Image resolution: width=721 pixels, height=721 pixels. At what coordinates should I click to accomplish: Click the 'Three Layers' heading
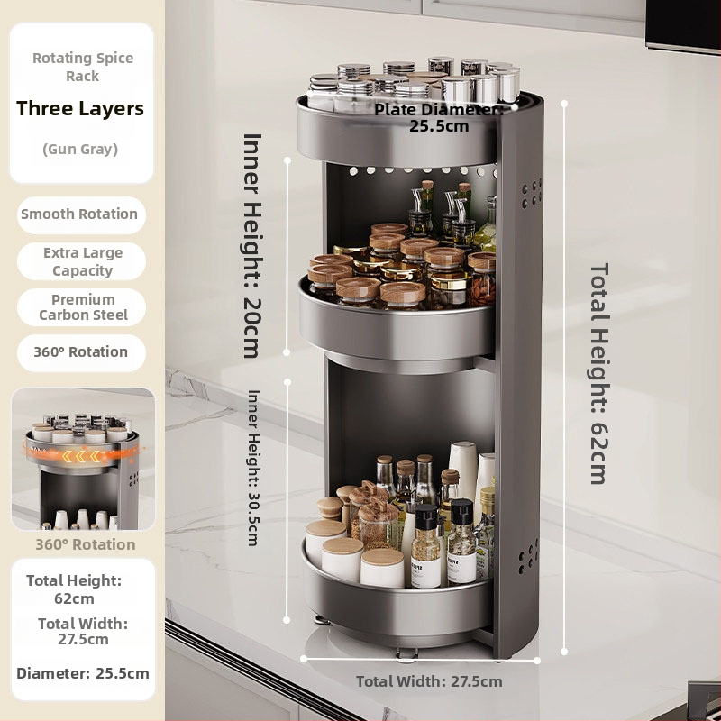[80, 108]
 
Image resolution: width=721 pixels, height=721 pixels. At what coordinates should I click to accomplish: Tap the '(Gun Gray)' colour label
[80, 149]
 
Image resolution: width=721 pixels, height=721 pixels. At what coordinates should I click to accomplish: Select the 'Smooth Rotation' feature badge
[81, 214]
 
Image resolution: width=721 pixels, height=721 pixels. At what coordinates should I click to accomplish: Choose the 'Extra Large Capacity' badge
[81, 261]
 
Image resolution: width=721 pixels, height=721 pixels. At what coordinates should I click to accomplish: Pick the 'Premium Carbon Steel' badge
[81, 307]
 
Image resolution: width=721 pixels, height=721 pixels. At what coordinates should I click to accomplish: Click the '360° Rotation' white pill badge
[81, 352]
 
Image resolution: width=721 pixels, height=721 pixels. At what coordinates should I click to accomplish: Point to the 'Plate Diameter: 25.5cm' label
[439, 118]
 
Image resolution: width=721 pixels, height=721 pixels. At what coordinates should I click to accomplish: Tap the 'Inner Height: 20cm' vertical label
[252, 246]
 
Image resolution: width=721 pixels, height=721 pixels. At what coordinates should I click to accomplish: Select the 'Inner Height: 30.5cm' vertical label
[253, 468]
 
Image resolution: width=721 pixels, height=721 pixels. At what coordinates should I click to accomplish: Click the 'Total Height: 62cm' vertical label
[599, 373]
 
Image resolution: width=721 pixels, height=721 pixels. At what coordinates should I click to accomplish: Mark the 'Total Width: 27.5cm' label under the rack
[429, 681]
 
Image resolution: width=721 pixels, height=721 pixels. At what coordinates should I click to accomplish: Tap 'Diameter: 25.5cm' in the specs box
[83, 673]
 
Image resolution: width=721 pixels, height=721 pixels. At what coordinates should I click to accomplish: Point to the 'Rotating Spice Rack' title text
[83, 67]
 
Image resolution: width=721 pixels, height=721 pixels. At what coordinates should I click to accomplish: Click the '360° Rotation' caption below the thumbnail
[86, 544]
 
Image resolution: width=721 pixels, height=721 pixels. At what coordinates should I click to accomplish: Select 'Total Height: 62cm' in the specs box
[74, 589]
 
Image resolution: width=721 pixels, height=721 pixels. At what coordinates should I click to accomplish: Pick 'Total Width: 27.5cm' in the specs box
[83, 632]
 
